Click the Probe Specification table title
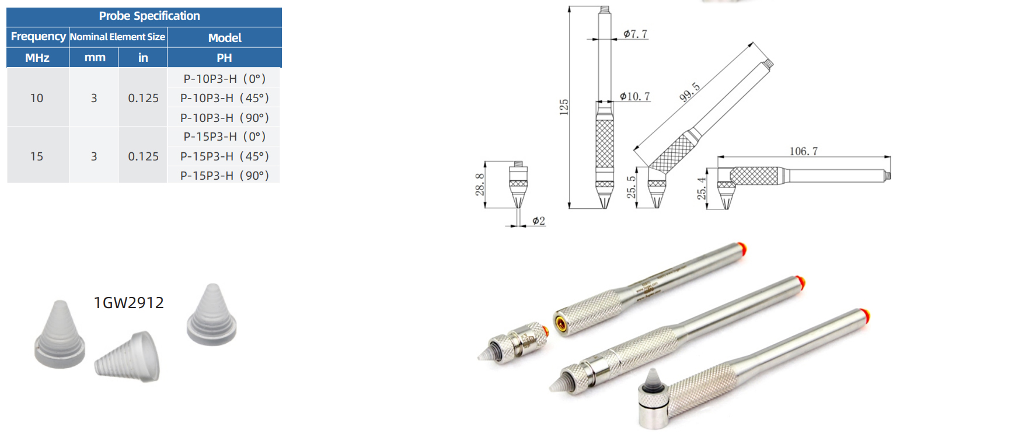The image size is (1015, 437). click(x=149, y=16)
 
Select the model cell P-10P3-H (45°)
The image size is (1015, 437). click(x=225, y=98)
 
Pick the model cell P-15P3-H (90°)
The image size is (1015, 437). click(x=225, y=176)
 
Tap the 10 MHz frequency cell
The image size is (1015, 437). click(x=37, y=98)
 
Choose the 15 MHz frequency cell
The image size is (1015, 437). click(x=37, y=156)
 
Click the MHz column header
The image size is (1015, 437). click(x=37, y=58)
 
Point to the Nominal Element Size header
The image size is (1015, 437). click(x=117, y=37)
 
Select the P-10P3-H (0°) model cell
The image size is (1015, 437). click(x=225, y=79)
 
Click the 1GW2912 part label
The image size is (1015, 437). click(x=129, y=303)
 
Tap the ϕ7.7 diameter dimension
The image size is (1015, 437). click(x=635, y=34)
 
